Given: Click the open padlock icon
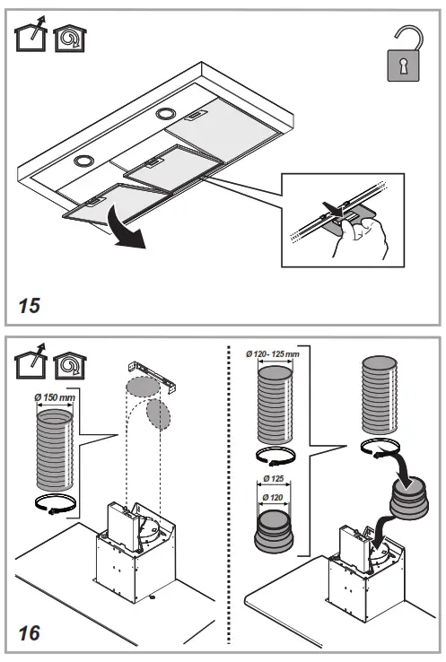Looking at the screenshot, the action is click(x=404, y=54).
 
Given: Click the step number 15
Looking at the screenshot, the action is click(x=29, y=306).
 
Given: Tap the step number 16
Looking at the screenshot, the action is click(x=29, y=633).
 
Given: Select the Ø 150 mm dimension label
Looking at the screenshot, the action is click(x=55, y=397).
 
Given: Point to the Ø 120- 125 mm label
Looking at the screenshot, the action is click(x=273, y=353).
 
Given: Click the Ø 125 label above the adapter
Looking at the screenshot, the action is click(x=274, y=479).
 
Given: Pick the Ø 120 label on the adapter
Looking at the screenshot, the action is click(x=273, y=497).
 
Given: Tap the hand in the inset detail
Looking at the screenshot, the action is click(x=363, y=238).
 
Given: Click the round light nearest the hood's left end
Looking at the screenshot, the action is click(x=83, y=161).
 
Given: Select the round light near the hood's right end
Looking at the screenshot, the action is click(x=165, y=113).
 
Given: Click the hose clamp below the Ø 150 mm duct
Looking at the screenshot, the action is click(x=55, y=504).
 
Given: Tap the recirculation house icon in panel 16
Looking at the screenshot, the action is click(x=70, y=365).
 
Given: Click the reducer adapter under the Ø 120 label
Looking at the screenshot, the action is click(x=274, y=532).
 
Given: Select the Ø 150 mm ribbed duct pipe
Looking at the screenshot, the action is click(x=55, y=449).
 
